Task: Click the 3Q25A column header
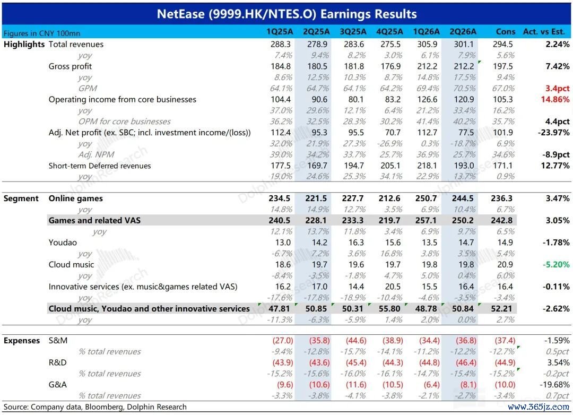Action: pos(353,32)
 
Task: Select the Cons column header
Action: pos(506,32)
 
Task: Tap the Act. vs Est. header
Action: pos(544,32)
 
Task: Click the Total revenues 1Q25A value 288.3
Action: pos(281,44)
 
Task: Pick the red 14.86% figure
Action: pos(555,99)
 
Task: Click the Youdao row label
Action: pos(63,243)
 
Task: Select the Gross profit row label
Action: pos(70,66)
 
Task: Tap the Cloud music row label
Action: pos(71,264)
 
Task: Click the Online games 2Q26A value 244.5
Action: pos(463,198)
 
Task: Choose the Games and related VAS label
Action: pos(94,220)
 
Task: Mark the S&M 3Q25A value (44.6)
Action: pos(356,340)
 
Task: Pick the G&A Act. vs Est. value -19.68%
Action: pos(554,385)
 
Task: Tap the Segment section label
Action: pos(21,198)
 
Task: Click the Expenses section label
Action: pos(22,340)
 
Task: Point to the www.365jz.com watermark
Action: pos(539,407)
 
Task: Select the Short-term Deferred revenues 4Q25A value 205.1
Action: pos(390,166)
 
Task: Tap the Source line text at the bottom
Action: pos(95,407)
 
